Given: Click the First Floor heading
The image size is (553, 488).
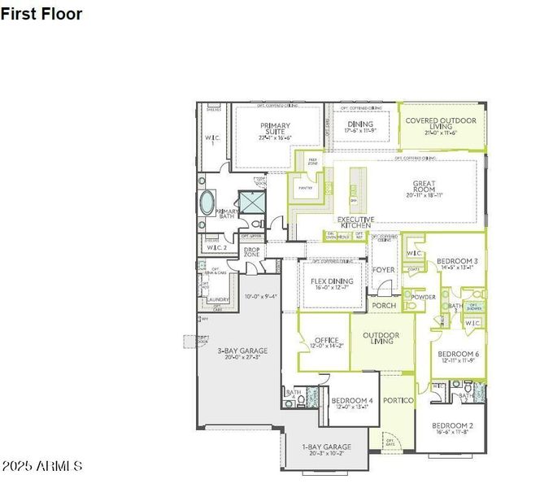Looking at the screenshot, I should point(41,14).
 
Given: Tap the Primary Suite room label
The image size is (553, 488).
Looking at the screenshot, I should point(275,131).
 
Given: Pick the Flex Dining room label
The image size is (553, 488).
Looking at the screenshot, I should point(329,284).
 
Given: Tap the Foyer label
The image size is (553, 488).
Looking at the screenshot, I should point(383,270).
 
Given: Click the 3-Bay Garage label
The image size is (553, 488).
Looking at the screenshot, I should point(242,355).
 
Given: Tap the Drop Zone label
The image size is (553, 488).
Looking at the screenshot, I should point(251,252).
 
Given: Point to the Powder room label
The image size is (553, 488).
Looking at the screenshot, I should point(423,298).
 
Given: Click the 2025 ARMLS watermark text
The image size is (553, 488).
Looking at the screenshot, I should point(41,466).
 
